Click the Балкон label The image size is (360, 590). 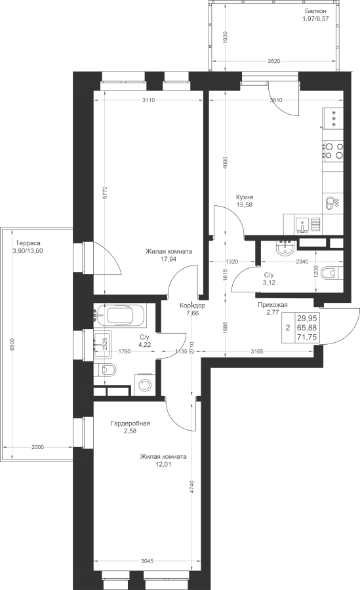[315, 11]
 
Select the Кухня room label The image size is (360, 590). [245, 197]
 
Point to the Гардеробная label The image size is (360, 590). [130, 423]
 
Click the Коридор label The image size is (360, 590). [192, 305]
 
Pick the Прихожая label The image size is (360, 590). [273, 305]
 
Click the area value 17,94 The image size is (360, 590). [169, 259]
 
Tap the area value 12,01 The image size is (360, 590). [163, 464]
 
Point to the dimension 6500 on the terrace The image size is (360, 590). [12, 345]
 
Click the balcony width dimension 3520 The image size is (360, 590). [273, 62]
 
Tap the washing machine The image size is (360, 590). [145, 384]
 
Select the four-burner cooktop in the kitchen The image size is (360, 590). [334, 150]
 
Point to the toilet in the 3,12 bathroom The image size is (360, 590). [332, 273]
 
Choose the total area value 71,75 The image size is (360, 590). [307, 337]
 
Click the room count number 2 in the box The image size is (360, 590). [288, 328]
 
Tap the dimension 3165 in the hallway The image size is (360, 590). [258, 351]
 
